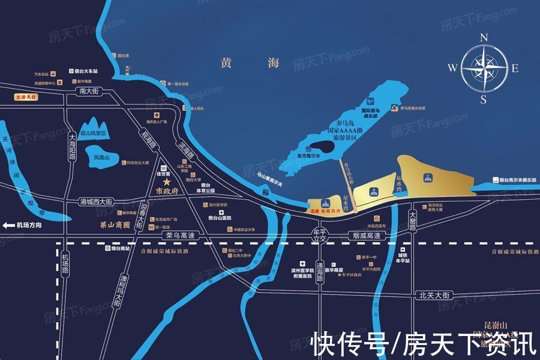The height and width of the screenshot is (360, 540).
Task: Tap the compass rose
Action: (482, 67)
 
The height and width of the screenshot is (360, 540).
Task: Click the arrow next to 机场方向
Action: (8, 226)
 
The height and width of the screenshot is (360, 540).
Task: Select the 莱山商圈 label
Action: (114, 226)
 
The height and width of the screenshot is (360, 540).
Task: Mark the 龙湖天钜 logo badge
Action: (25, 96)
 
